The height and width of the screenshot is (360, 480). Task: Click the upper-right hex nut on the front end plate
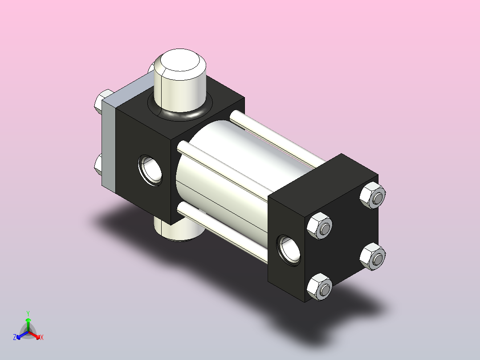pyautogui.click(x=373, y=196)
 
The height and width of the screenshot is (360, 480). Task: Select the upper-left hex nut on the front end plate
pyautogui.click(x=320, y=226)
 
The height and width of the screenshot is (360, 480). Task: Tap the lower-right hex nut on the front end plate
pyautogui.click(x=373, y=257)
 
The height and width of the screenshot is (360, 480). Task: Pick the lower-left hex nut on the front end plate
pyautogui.click(x=320, y=287)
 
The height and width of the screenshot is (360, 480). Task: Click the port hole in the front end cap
pyautogui.click(x=289, y=250)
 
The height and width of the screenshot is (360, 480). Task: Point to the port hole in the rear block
pyautogui.click(x=150, y=170)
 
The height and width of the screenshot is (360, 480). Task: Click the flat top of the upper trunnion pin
pyautogui.click(x=180, y=60)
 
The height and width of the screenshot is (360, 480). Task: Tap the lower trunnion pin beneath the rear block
pyautogui.click(x=179, y=229)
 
